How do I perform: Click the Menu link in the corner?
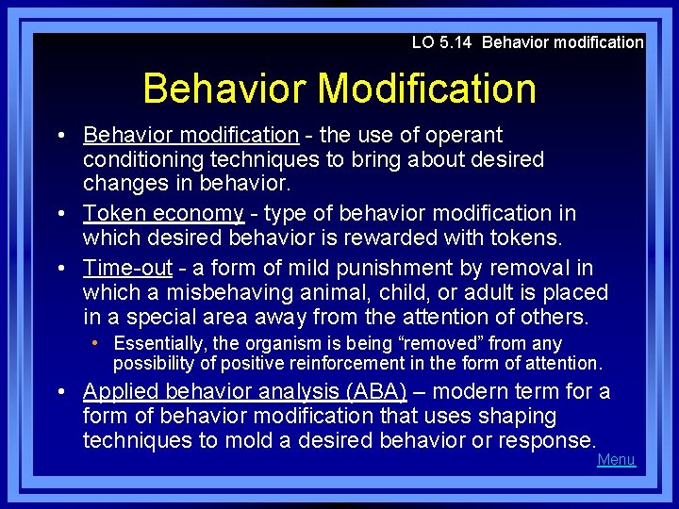[x=617, y=460]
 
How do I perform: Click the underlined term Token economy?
[x=163, y=214]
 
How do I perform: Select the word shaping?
[x=521, y=416]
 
